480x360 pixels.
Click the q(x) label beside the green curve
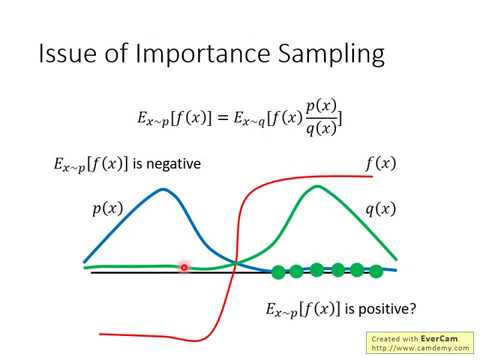pyautogui.click(x=379, y=209)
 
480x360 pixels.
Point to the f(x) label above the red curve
pyautogui.click(x=380, y=162)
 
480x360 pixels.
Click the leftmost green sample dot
pyautogui.click(x=279, y=271)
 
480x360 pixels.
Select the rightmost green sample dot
pyautogui.click(x=376, y=271)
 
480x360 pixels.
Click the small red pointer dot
pyautogui.click(x=185, y=267)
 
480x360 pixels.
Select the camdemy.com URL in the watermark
pyautogui.click(x=432, y=348)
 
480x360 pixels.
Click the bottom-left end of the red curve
pyautogui.click(x=101, y=334)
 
